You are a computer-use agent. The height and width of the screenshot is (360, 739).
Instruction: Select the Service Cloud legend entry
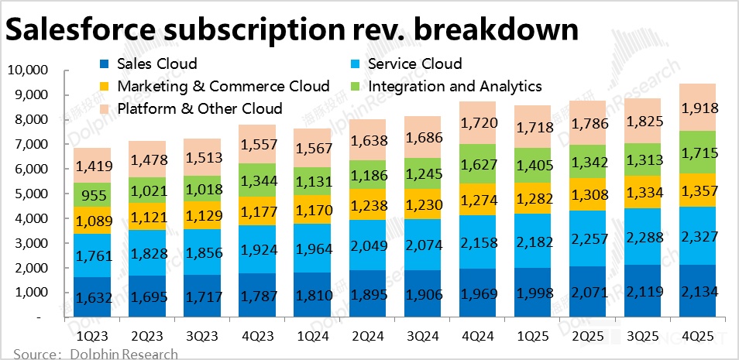coord(415,63)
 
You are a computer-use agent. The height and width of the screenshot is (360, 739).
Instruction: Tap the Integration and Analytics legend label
coord(455,86)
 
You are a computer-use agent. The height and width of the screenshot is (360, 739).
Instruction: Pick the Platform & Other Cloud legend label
coord(199,108)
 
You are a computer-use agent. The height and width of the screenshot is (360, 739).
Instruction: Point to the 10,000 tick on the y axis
coord(28,70)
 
